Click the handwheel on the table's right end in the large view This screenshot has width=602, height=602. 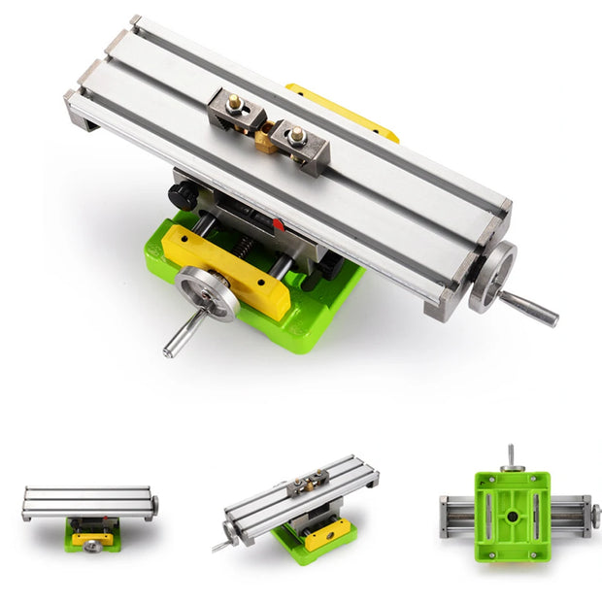click(491, 277)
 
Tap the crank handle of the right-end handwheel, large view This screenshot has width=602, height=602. click(529, 309)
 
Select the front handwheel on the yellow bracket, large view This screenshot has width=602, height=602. click(208, 293)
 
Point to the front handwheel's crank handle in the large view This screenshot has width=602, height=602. click(178, 336)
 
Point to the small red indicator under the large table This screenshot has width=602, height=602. click(279, 225)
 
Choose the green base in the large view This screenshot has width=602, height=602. click(320, 301)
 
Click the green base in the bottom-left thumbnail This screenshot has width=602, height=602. click(92, 540)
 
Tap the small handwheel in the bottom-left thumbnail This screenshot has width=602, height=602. click(93, 545)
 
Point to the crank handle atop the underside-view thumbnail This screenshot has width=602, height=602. click(512, 455)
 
